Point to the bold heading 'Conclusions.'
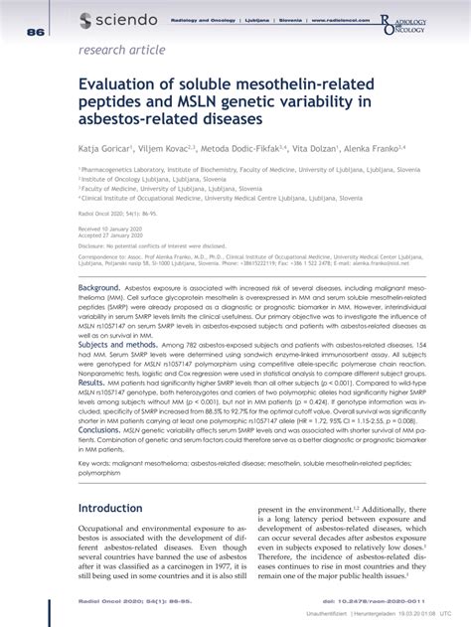click(x=100, y=427)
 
